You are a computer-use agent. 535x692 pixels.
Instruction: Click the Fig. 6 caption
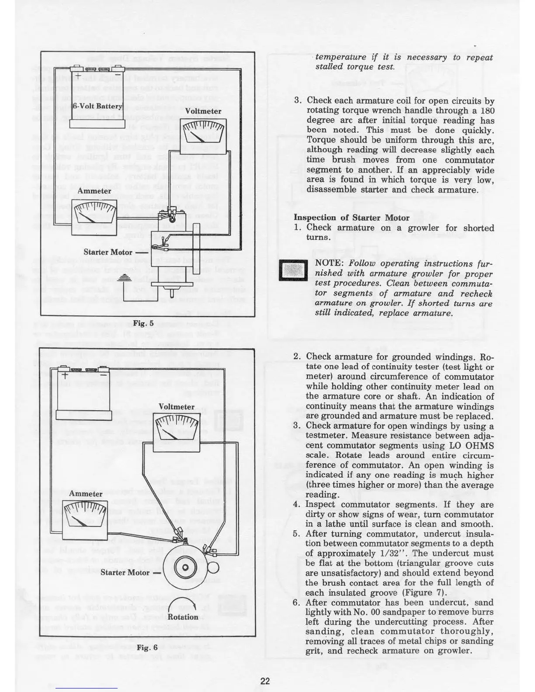[x=147, y=647]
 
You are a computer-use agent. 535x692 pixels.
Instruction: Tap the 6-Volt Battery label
[x=97, y=107]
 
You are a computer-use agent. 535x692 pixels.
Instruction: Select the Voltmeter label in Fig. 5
[x=203, y=111]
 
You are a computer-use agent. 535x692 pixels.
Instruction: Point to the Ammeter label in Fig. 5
[x=94, y=191]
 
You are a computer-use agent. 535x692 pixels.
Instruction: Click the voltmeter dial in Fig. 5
[x=203, y=133]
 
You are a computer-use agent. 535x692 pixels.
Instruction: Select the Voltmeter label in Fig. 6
[x=176, y=407]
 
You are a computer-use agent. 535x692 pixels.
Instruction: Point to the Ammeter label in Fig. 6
[x=86, y=494]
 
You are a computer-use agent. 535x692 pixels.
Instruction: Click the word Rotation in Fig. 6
[x=183, y=617]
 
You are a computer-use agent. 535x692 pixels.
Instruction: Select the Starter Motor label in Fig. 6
[x=125, y=572]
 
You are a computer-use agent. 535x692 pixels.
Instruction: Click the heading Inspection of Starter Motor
[x=351, y=218]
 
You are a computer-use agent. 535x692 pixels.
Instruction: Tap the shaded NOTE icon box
[x=293, y=271]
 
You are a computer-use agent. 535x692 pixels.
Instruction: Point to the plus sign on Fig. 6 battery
[x=64, y=375]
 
